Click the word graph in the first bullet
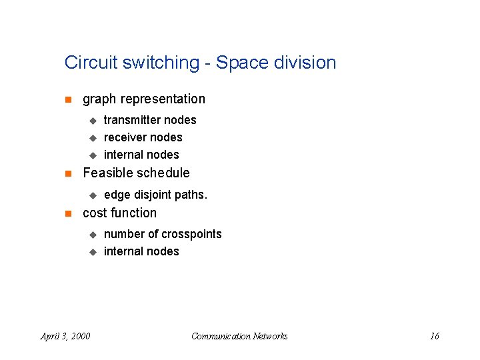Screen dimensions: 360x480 [99, 99]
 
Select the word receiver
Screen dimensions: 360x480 [123, 137]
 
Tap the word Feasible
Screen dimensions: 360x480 [106, 173]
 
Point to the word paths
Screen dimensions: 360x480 [193, 195]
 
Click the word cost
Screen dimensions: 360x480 [93, 213]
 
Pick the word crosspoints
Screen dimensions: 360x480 [191, 235]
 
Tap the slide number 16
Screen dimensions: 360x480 [434, 336]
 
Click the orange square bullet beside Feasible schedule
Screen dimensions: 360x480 [67, 174]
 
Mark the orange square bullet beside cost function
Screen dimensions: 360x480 [67, 214]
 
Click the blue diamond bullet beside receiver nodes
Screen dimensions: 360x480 [93, 138]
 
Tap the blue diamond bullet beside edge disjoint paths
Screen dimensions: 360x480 [93, 195]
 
